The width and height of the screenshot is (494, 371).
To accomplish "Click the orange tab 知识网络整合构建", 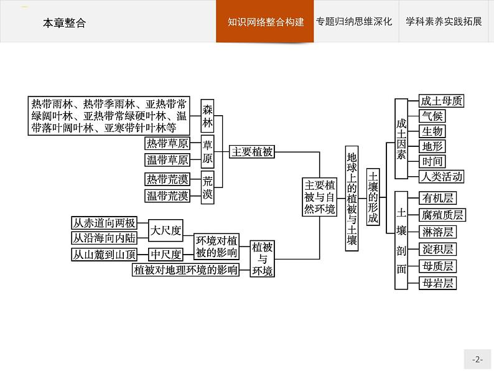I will click(x=265, y=22).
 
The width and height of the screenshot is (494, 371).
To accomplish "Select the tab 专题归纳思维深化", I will click(x=353, y=22).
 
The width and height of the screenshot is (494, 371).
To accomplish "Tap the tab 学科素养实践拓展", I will click(x=444, y=22).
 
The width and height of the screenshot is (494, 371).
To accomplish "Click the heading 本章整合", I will click(x=64, y=23).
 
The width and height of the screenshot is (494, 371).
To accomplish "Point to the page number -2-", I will click(x=477, y=359).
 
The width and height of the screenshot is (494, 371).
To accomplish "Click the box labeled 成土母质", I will click(x=441, y=101).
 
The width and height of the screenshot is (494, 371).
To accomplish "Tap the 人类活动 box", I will click(x=441, y=176).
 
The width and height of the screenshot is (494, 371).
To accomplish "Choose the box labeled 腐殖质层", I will click(x=442, y=215).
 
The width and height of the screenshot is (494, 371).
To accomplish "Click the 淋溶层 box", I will click(x=437, y=232).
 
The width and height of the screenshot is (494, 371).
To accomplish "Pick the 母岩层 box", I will click(x=437, y=283).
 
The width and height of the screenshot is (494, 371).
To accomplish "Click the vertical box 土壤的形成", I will click(x=373, y=197).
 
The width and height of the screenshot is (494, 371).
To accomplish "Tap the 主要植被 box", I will click(x=252, y=151).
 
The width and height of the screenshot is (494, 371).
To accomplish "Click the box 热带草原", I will click(x=167, y=143).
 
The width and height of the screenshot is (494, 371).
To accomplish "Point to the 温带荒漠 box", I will click(x=167, y=195).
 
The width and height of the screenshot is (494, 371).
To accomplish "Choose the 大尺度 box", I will click(x=166, y=232).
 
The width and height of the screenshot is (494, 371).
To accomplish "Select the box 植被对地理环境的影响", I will click(x=185, y=270).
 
